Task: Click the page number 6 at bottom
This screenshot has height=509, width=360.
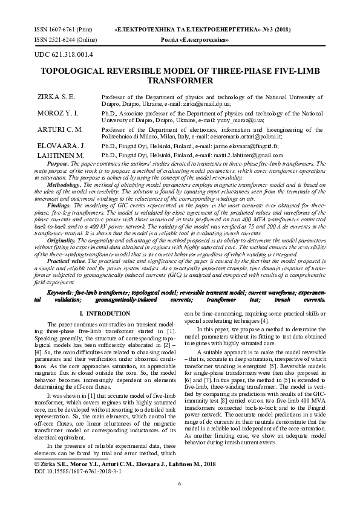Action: pyautogui.click(x=180, y=484)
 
